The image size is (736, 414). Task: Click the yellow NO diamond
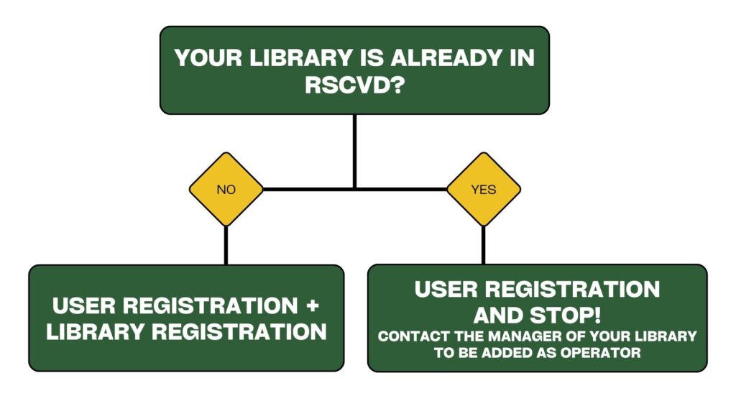(x=226, y=189)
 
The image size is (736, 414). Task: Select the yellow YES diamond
(x=484, y=189)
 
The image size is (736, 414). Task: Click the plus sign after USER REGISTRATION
(x=312, y=305)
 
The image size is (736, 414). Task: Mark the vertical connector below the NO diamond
(x=226, y=246)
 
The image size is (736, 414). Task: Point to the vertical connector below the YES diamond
(x=484, y=246)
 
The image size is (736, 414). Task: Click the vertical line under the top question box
(x=354, y=151)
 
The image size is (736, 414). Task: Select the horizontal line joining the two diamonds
(x=354, y=189)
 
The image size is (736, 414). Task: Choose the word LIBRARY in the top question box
(x=301, y=57)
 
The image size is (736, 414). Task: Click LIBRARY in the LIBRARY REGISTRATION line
(x=96, y=332)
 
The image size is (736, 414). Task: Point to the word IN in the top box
(x=522, y=57)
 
